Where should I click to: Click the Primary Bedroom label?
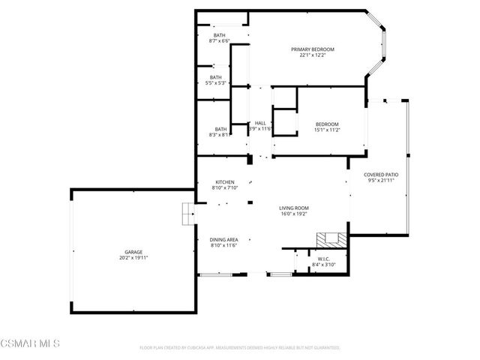point(313,49)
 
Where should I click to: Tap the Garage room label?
point(133,252)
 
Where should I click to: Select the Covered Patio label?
point(381,175)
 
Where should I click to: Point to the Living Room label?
point(294,208)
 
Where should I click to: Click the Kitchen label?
point(225,182)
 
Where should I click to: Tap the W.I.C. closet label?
point(324,259)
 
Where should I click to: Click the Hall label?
point(260,123)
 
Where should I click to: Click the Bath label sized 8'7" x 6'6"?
point(219,35)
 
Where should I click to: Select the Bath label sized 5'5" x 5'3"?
point(216,77)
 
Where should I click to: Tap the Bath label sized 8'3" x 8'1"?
point(220,129)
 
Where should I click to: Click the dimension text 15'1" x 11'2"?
point(327,130)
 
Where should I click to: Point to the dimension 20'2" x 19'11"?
point(133,258)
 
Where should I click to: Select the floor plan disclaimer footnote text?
point(240,348)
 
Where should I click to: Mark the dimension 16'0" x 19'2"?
point(294,214)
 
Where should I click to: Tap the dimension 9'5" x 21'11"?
point(381,181)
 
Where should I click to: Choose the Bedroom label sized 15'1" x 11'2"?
point(327,124)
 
